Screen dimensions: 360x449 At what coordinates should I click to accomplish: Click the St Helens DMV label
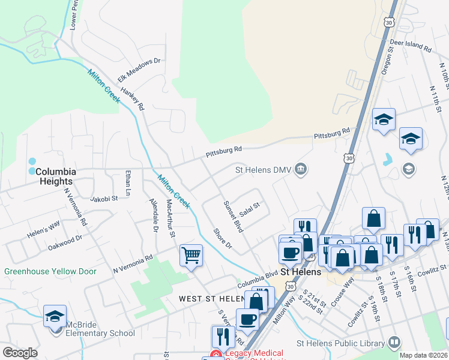(262, 170)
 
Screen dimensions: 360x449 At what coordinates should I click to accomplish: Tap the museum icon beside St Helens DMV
(301, 170)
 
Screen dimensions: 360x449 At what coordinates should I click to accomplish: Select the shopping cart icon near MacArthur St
(191, 256)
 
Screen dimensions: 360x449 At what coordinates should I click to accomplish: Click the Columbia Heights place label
(54, 176)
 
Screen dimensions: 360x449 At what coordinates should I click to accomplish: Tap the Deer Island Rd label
(411, 46)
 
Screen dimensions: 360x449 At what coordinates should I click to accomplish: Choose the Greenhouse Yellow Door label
(50, 271)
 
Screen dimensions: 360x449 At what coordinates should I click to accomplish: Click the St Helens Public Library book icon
(394, 343)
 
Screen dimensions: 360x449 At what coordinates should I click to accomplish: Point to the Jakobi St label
(103, 199)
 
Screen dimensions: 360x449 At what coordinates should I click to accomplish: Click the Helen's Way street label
(43, 228)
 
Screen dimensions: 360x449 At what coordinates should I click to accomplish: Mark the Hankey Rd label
(133, 98)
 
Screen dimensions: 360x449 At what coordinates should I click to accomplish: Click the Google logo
(20, 353)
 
